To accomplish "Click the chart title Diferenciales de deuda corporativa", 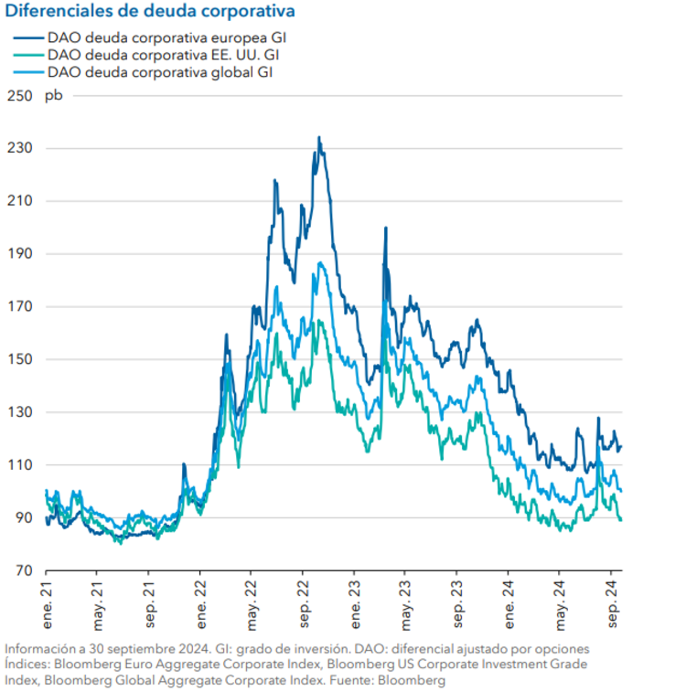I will point(150,12).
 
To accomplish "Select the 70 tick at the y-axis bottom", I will point(23,571).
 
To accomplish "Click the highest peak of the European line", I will point(318,138).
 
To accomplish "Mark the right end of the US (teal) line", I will point(622,520).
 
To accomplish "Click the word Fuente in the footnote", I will point(356,681).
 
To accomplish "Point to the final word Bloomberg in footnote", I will point(413,681).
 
